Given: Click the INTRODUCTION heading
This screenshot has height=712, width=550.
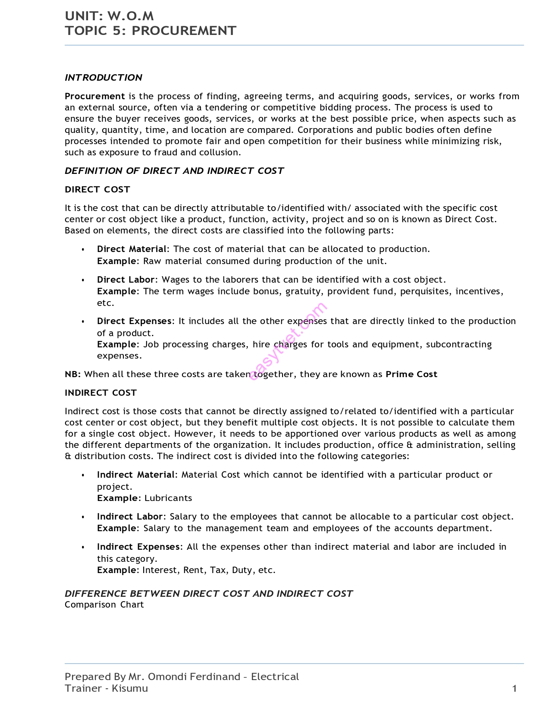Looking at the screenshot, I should click(x=104, y=78).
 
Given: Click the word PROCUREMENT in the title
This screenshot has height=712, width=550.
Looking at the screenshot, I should click(x=184, y=31).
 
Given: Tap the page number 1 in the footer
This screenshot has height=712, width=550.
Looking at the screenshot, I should click(x=514, y=688).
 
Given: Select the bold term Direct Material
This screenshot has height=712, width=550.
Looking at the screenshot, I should click(x=132, y=249).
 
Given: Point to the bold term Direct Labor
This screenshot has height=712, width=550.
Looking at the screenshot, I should click(x=126, y=280).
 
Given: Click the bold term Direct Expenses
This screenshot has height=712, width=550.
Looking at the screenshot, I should click(x=134, y=321).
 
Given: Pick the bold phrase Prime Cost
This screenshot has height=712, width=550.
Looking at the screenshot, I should click(x=411, y=374).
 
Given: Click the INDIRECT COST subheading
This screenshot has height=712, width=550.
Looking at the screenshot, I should click(x=101, y=393).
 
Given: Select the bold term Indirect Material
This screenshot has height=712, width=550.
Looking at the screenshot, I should click(x=135, y=475).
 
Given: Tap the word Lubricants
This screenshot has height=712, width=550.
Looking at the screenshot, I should click(x=168, y=498).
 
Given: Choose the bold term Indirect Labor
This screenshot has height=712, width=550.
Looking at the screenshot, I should click(x=130, y=517).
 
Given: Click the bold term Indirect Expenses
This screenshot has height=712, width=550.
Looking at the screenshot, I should click(x=138, y=547).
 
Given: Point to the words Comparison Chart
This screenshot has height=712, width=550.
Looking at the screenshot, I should click(x=104, y=605).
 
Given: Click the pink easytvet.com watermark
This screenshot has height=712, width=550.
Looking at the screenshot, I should click(x=288, y=341).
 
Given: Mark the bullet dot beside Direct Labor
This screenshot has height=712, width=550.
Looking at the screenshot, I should click(x=83, y=280).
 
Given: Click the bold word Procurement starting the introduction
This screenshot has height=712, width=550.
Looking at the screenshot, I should click(x=94, y=96).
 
